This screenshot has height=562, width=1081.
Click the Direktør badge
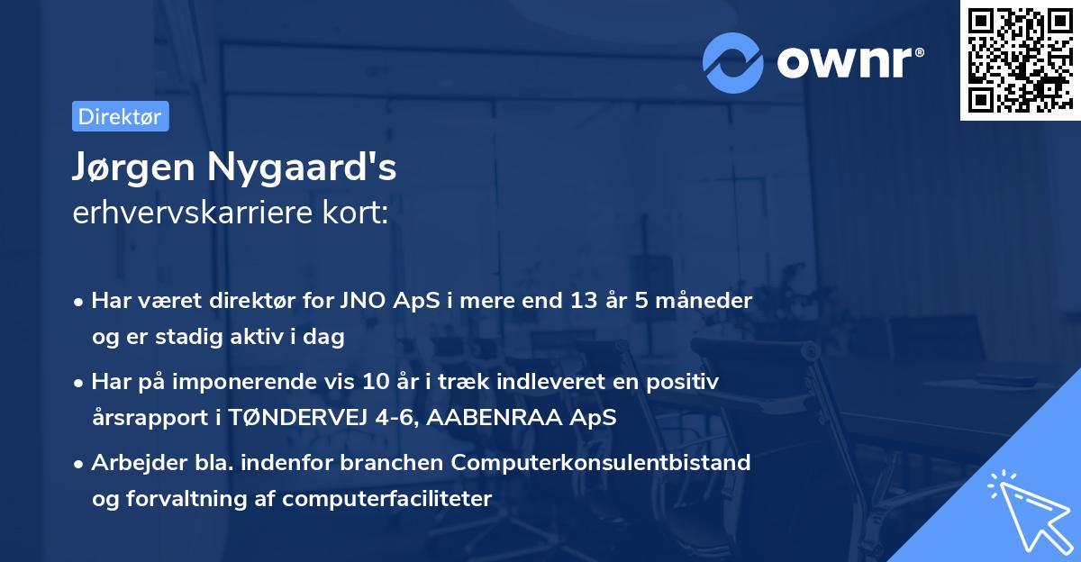click(120, 116)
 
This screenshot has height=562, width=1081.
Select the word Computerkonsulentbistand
click(602, 463)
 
